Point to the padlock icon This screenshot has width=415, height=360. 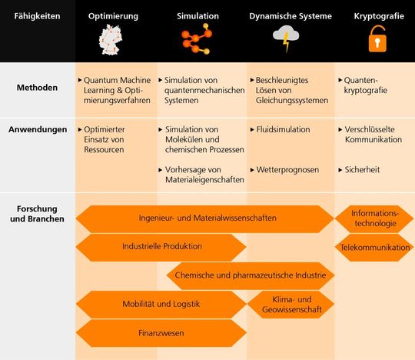tap(376, 40)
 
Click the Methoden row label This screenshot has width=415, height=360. tap(38, 88)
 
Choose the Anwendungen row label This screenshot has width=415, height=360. tap(38, 129)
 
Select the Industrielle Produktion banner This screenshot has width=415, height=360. tap(161, 247)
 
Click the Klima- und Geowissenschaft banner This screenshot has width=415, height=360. tap(292, 304)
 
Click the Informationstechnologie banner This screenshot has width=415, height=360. tap(375, 218)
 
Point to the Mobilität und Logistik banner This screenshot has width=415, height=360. tap(161, 304)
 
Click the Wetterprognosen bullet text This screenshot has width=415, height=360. tap(287, 169)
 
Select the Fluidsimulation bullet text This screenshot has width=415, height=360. tap(284, 129)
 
